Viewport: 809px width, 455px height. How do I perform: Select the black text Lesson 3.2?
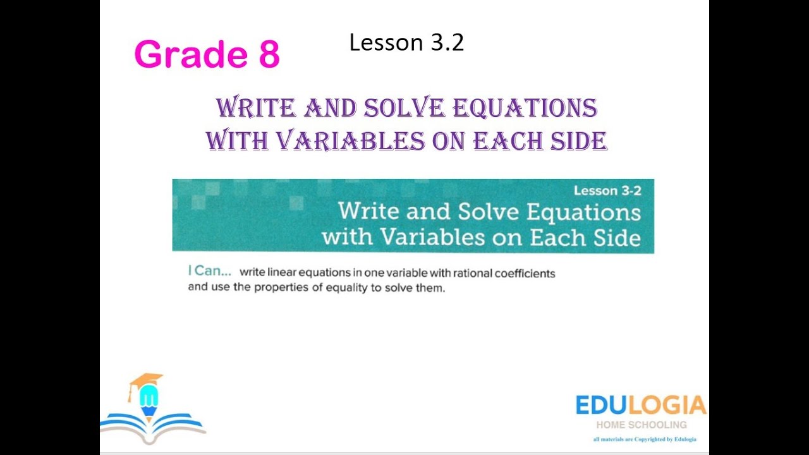click(x=406, y=42)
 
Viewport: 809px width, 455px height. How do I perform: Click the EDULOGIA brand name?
click(x=640, y=405)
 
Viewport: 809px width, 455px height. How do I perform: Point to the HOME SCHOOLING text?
click(x=641, y=425)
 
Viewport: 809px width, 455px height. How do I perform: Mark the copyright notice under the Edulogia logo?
click(x=645, y=439)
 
